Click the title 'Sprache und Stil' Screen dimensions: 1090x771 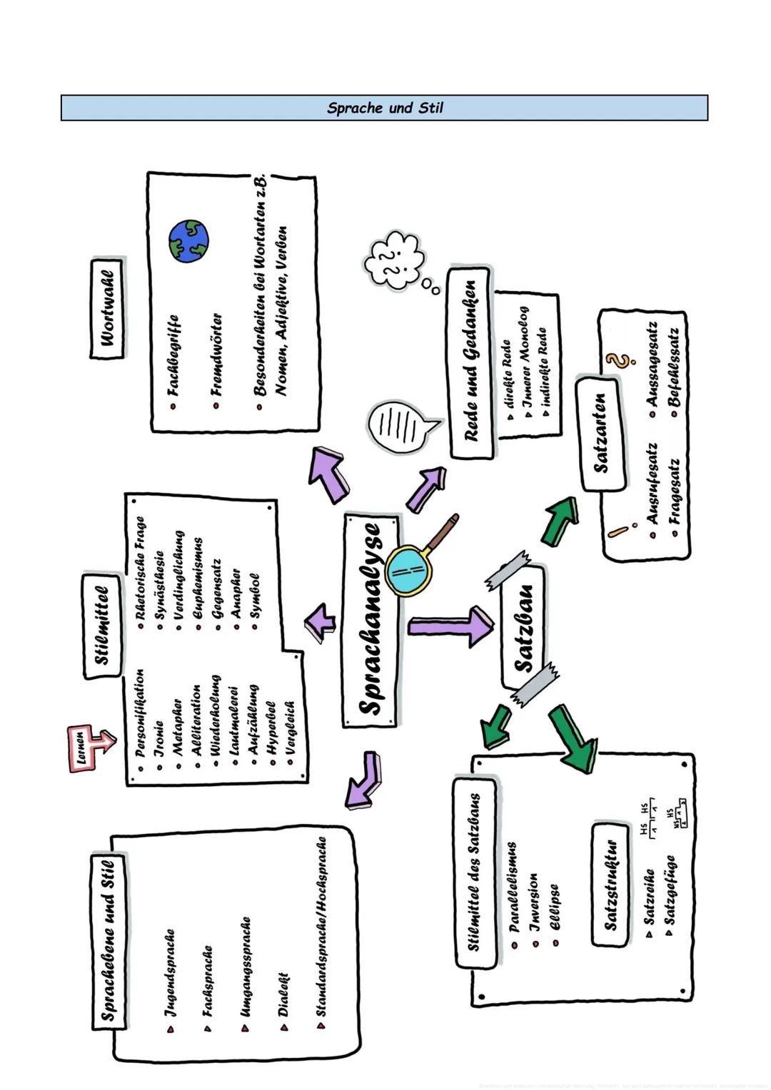click(x=385, y=108)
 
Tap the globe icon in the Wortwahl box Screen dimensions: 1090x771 click(x=189, y=240)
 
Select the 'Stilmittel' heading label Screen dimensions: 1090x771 click(x=103, y=626)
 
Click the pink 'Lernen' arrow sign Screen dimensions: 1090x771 click(x=89, y=748)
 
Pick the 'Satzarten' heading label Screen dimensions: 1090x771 click(x=601, y=433)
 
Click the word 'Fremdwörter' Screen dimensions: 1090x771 click(x=217, y=354)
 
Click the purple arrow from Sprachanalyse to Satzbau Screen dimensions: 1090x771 click(x=450, y=625)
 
